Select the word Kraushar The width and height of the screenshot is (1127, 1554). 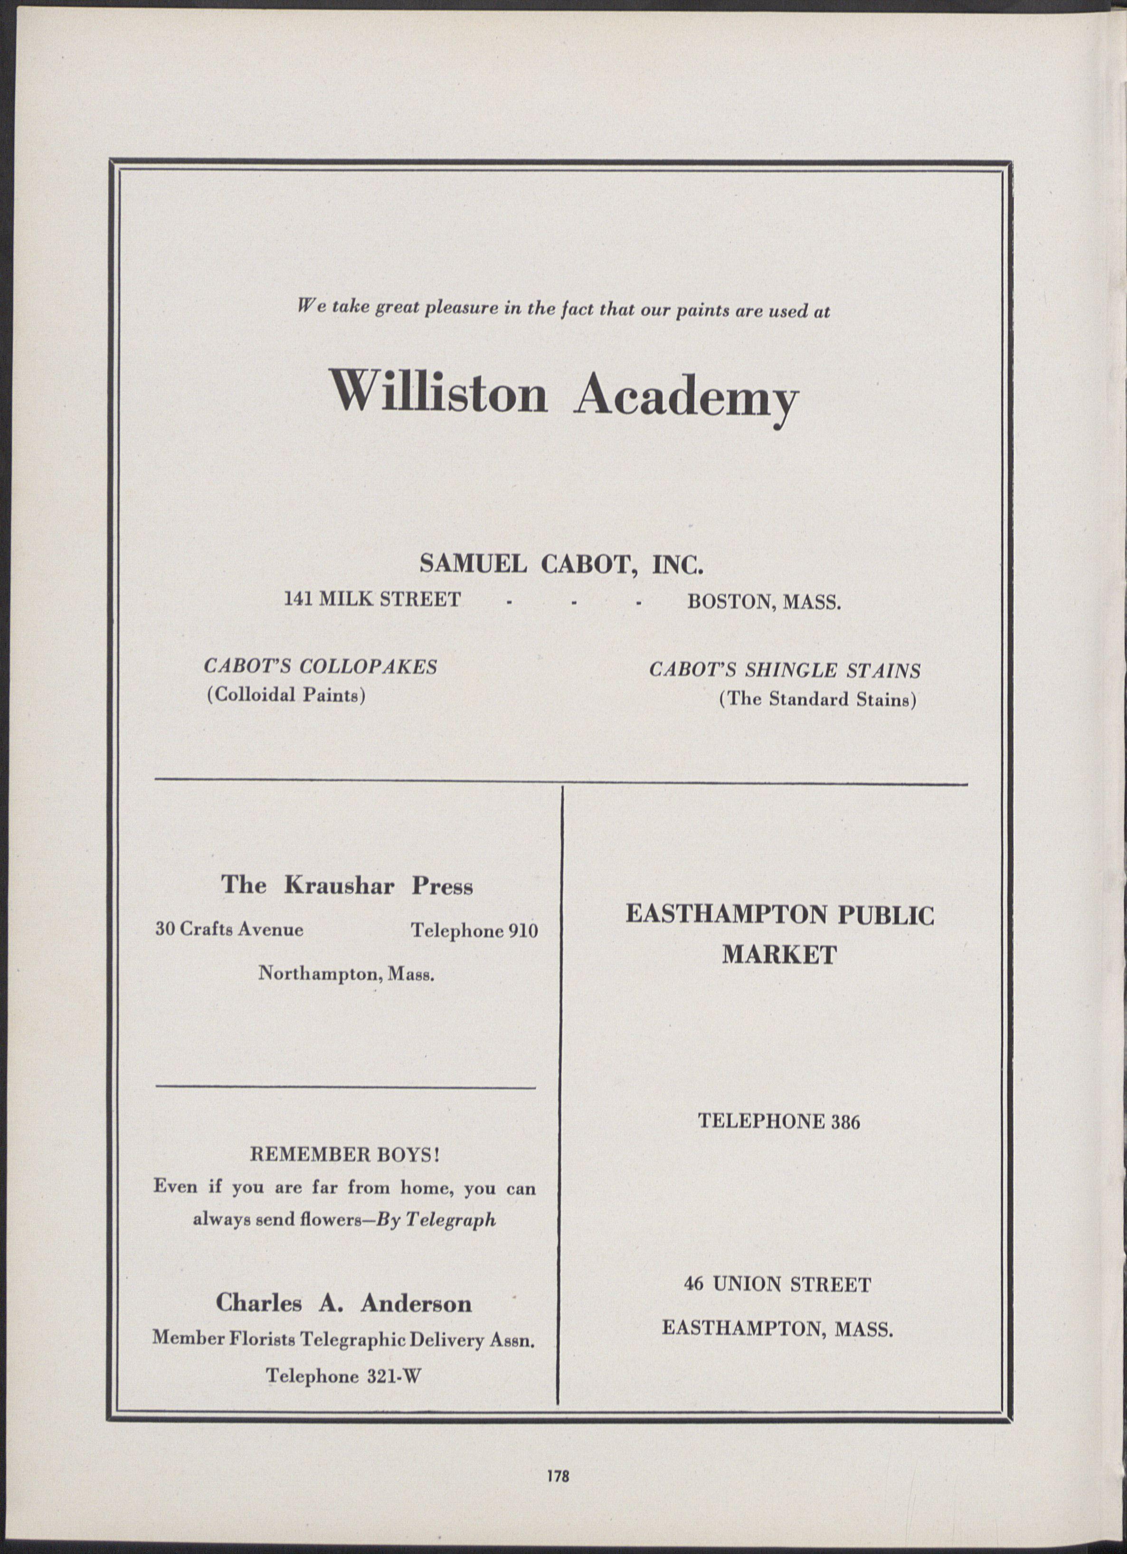point(339,886)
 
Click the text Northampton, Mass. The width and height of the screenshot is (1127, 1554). point(346,973)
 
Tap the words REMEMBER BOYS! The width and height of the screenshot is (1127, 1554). point(344,1154)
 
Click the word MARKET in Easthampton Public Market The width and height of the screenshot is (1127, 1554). point(779,955)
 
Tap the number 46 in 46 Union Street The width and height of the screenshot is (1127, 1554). point(695,1284)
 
